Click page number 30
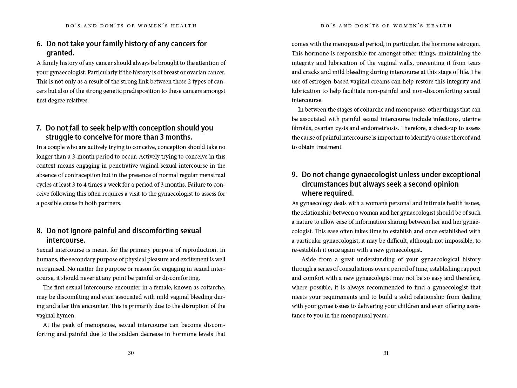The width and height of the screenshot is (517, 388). click(x=130, y=353)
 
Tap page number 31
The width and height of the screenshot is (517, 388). click(x=386, y=353)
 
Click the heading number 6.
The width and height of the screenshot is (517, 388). click(x=39, y=44)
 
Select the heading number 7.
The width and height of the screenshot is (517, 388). click(x=39, y=128)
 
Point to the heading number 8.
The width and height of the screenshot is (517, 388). click(x=39, y=231)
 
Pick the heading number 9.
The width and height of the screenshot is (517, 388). click(x=295, y=175)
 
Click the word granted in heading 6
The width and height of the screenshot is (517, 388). click(x=60, y=53)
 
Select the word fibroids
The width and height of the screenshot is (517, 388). click(x=302, y=128)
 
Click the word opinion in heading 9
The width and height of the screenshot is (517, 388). click(x=445, y=184)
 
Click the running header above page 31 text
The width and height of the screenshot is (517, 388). click(x=386, y=26)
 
